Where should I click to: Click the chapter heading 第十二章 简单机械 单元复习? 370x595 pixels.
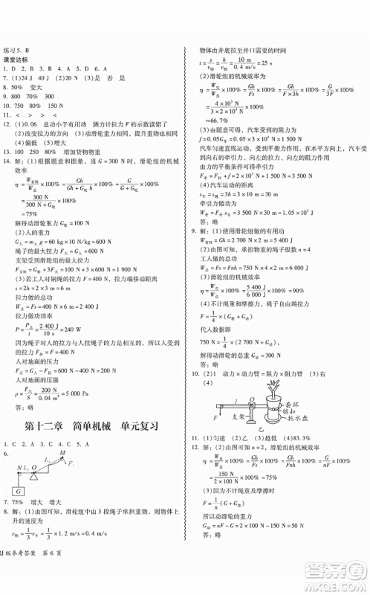(94, 430)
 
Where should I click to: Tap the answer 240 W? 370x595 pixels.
(67, 327)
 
